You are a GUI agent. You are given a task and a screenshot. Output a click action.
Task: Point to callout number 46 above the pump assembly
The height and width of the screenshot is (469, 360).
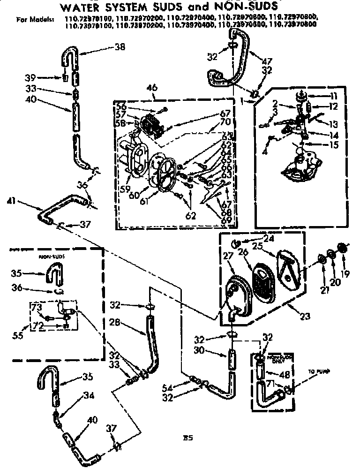pyautogui.click(x=151, y=88)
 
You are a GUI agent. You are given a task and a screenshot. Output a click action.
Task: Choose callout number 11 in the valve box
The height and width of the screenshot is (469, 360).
pyautogui.click(x=333, y=96)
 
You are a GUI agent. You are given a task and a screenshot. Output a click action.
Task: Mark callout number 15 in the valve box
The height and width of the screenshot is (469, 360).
pyautogui.click(x=333, y=145)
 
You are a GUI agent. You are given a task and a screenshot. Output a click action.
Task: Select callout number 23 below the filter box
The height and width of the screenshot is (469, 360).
pyautogui.click(x=306, y=316)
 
